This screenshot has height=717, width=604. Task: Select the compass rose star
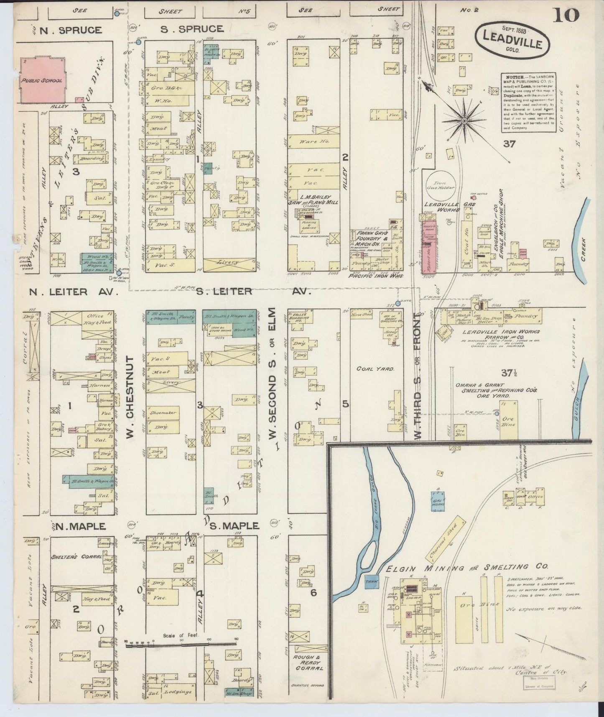464,120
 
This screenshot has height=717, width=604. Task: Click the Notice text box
529,102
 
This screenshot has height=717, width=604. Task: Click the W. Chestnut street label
130,397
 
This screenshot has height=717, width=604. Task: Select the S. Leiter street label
224,291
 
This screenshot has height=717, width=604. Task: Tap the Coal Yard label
370,369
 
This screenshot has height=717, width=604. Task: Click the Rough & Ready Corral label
308,665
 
